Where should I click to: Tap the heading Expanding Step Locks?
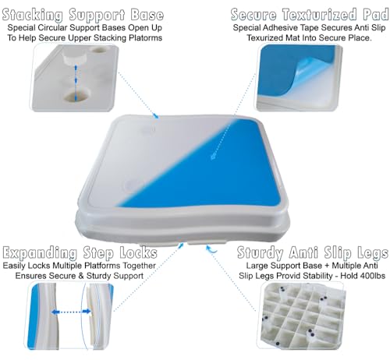point(91,254)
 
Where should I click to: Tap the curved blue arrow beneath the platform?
point(211,249)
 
